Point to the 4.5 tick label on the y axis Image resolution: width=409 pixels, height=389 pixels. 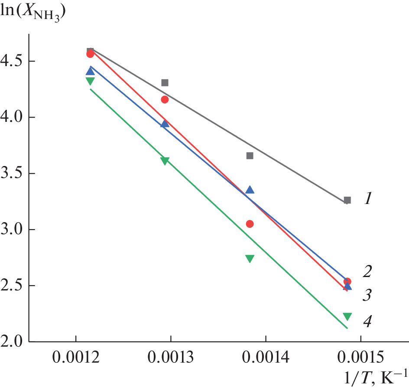pos(12,61)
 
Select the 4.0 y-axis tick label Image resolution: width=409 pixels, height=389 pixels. pos(12,117)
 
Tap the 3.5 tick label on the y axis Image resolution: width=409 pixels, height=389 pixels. pos(12,173)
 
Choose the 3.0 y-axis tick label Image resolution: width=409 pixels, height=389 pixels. pos(12,230)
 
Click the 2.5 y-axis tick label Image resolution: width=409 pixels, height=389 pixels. pos(12,286)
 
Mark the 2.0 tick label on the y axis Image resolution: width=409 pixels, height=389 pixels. pos(12,342)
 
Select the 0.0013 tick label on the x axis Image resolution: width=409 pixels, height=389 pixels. pos(171,358)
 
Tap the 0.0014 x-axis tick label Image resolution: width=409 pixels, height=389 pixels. pos(266,358)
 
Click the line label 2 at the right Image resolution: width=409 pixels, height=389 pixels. pos(367,272)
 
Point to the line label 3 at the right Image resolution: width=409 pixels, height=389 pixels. pos(367,296)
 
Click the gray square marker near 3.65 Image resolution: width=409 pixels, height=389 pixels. pos(250,156)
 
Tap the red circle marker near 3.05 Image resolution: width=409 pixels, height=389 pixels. pos(250,224)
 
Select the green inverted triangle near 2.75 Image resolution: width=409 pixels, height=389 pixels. pos(250,258)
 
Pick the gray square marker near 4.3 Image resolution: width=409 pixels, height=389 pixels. pos(165,83)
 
